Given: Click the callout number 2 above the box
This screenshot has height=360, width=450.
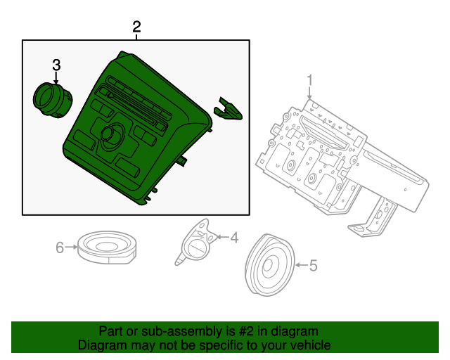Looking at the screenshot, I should tap(136, 27).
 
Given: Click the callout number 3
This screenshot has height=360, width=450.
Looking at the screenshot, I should tap(56, 65).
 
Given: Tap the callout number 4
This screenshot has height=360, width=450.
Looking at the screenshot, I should tap(234, 238).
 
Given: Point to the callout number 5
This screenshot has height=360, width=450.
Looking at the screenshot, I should tap(313, 265).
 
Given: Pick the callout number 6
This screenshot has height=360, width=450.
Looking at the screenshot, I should tap(60, 247).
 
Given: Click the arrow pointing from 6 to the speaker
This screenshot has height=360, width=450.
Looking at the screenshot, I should tap(72, 247).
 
